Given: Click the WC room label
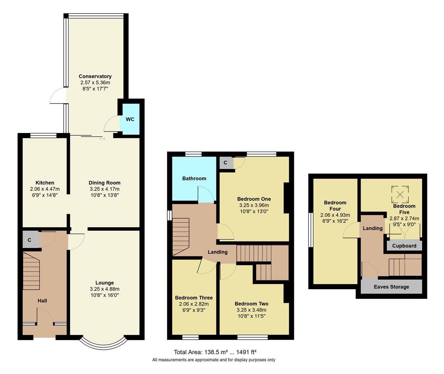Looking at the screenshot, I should click(130, 119).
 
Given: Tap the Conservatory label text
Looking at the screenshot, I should click(95, 77).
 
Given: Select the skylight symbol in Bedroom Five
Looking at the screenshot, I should click(400, 194).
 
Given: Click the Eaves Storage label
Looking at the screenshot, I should click(391, 287).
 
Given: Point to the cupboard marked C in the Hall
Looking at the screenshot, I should click(30, 240).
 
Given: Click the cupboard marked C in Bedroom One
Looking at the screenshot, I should click(225, 163).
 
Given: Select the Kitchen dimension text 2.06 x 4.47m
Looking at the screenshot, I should click(45, 189).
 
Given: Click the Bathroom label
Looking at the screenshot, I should click(194, 179).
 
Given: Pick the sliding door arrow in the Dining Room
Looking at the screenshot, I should click(102, 139).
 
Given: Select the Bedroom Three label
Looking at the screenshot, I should click(194, 298).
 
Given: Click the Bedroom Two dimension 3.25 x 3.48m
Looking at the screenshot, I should click(251, 310).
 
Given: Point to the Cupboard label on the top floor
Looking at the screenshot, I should click(404, 246).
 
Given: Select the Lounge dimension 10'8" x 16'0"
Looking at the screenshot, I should click(104, 295).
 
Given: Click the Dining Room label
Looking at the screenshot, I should click(104, 183).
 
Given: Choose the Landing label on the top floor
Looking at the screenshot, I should click(372, 228).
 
